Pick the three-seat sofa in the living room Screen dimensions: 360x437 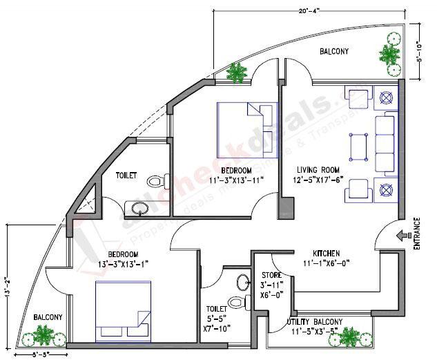[385, 145]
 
